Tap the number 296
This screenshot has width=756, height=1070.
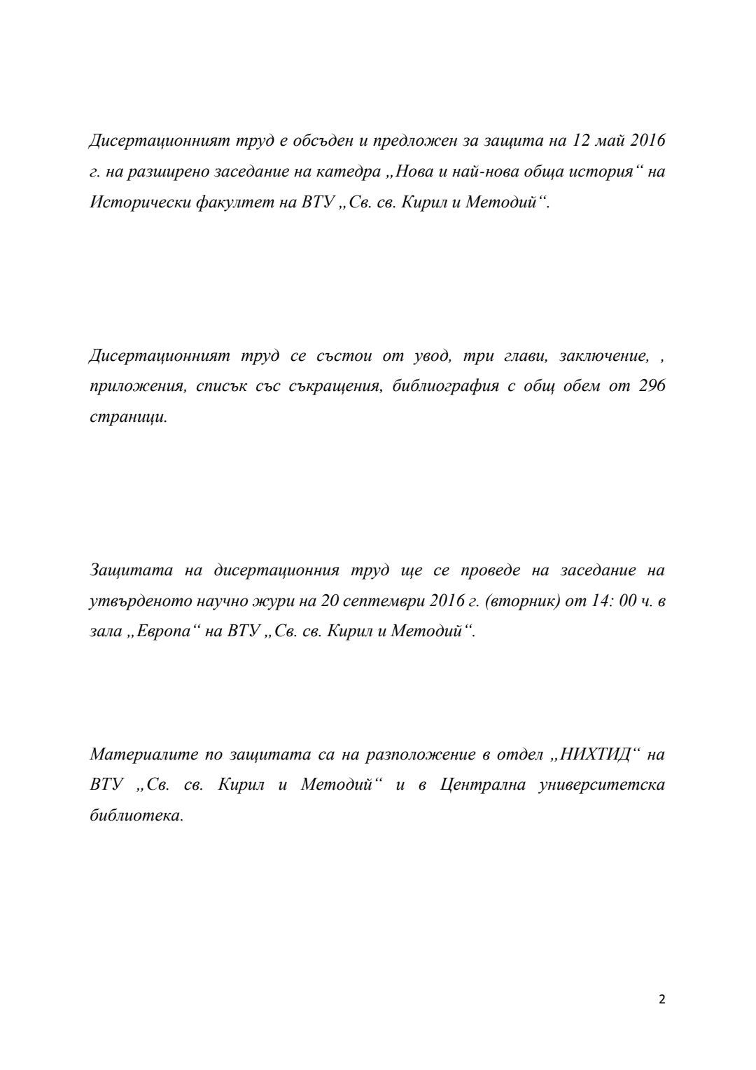652,386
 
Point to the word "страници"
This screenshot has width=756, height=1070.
129,417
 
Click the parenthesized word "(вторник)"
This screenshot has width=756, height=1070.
523,601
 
